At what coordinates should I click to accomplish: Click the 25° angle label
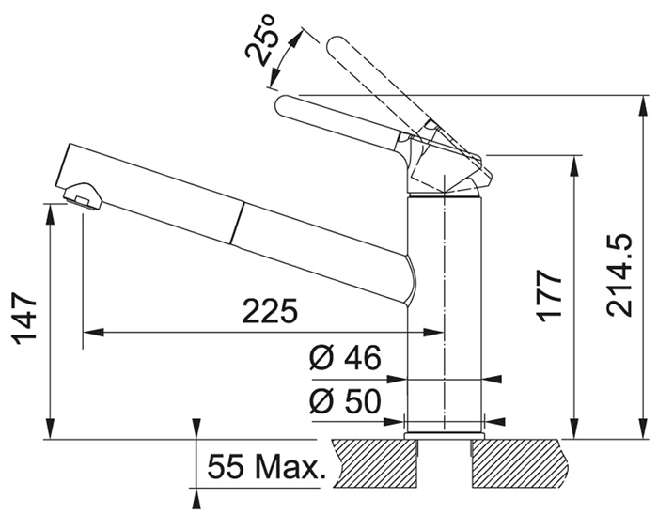260,40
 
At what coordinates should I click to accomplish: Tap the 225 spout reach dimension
270,312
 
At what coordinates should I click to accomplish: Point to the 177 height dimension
548,295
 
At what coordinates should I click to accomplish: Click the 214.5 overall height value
619,275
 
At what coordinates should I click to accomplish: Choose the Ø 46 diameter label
345,357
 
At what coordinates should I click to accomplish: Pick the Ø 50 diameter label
345,400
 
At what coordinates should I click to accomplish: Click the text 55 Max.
266,467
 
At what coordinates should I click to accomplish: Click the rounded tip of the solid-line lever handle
282,105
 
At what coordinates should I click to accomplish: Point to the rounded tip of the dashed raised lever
335,44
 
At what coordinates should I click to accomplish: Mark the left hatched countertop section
376,463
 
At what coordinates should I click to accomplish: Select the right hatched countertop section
521,463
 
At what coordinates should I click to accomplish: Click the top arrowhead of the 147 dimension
50,214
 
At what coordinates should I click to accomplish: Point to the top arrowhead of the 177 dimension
573,165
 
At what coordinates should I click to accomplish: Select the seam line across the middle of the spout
236,224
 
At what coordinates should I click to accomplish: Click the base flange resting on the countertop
444,436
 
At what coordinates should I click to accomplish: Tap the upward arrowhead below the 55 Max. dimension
196,499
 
